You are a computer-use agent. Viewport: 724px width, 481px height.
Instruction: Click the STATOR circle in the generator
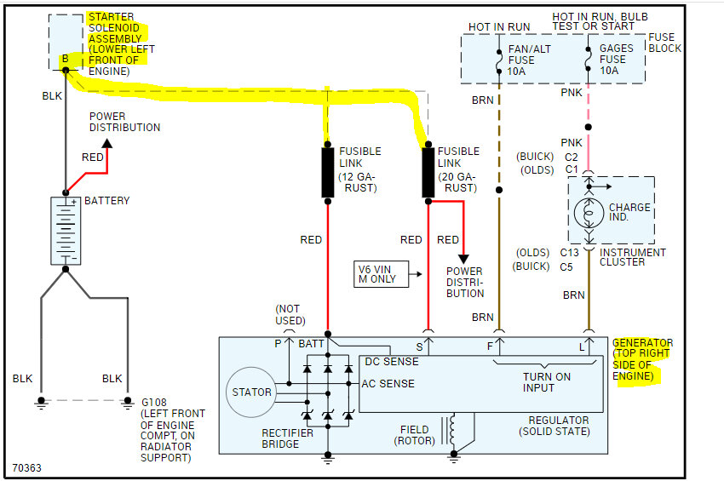coord(252,392)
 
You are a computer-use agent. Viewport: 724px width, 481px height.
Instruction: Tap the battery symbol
coord(65,231)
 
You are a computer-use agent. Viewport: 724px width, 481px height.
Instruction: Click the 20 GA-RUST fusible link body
coord(428,172)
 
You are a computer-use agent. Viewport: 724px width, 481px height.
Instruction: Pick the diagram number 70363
coord(27,467)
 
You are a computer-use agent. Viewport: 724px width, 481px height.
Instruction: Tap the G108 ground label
coord(155,400)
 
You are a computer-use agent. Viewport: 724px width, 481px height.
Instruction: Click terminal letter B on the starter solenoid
coord(64,60)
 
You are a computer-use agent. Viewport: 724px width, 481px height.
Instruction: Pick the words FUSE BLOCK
coord(664,43)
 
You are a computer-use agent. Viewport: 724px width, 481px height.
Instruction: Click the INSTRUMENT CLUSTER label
coord(633,257)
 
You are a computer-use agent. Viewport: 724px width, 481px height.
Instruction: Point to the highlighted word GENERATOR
coord(642,342)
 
